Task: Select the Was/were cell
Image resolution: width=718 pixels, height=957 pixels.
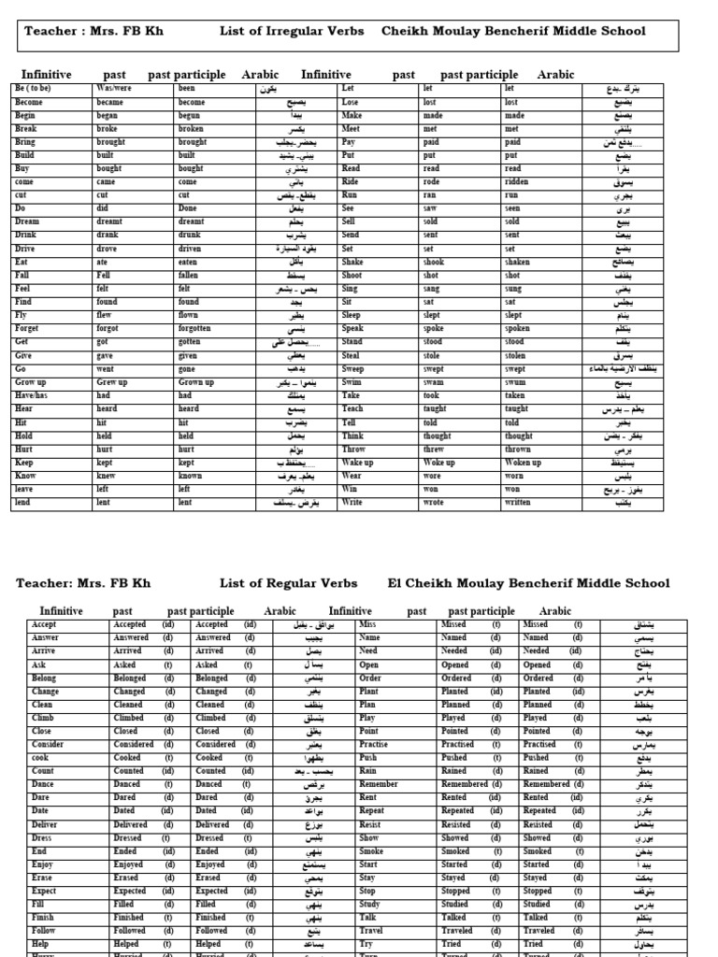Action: click(113, 89)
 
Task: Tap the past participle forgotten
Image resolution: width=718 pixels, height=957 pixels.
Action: click(195, 329)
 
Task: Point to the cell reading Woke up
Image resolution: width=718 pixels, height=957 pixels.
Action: click(439, 463)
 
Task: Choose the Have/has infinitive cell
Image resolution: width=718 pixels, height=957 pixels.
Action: click(31, 395)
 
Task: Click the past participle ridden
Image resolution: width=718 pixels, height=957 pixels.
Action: click(516, 182)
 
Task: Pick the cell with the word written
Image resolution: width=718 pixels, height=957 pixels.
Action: click(519, 503)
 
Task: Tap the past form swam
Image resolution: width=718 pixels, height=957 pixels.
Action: click(433, 382)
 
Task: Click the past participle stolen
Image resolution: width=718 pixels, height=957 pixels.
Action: click(516, 356)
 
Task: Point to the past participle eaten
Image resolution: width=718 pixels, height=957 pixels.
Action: click(190, 263)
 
